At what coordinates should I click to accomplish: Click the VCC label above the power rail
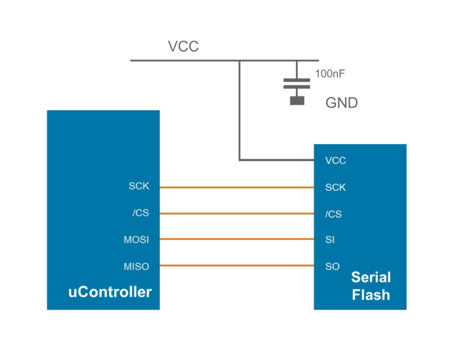[183, 47]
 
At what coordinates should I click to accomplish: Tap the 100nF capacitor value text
[330, 75]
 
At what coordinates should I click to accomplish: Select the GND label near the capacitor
[342, 102]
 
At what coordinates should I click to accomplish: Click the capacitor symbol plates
[297, 83]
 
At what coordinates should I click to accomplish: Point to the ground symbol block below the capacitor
[297, 100]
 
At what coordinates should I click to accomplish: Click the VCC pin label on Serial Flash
[335, 161]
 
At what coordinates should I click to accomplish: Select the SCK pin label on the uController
[138, 187]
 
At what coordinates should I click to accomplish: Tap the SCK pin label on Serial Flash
[335, 187]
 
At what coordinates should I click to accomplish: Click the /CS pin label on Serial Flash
[333, 214]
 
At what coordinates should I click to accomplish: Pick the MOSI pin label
[136, 239]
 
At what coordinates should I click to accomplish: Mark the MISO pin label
[136, 266]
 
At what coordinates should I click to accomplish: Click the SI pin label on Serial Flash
[330, 240]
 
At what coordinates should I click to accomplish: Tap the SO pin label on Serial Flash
[332, 267]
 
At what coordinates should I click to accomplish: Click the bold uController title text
[109, 292]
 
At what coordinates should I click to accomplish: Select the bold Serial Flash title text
[371, 286]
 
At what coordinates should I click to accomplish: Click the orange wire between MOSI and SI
[237, 239]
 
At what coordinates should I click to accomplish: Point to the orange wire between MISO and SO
[237, 265]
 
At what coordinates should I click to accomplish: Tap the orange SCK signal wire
[237, 187]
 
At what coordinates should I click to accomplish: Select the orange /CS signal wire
[237, 213]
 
